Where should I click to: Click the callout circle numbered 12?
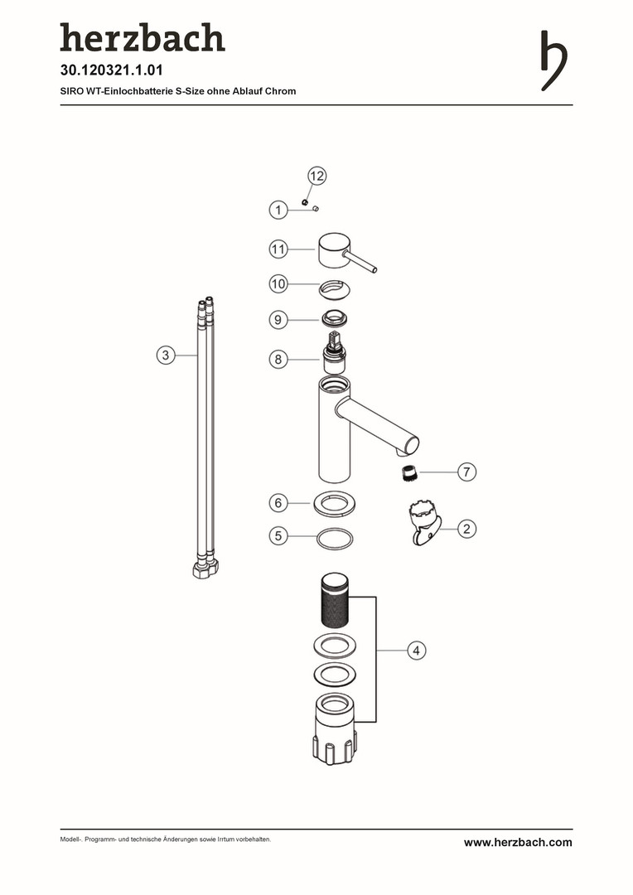pos(316,176)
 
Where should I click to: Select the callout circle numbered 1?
pos(278,210)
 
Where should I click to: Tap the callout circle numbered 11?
pos(278,249)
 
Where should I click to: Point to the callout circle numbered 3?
pos(166,355)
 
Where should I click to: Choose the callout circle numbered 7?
pos(467,472)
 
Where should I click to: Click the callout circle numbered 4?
pos(417,651)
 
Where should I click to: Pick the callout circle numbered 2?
pos(467,529)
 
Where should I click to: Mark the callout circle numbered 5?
pos(278,535)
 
